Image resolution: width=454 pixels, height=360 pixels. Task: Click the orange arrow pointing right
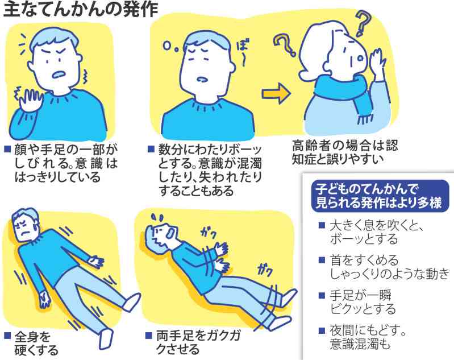tap(275, 94)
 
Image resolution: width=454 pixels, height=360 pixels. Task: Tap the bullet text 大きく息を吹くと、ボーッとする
tap(378, 233)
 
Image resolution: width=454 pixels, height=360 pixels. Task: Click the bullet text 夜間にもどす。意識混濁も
tap(369, 337)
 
